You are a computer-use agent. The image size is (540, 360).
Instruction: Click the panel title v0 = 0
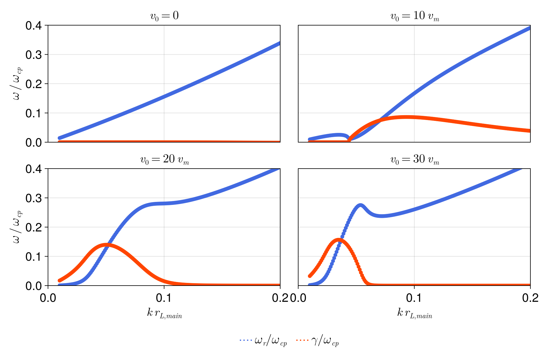point(164,16)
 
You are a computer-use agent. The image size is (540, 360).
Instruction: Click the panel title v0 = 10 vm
point(414,16)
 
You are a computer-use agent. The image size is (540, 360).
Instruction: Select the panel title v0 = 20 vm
point(164,160)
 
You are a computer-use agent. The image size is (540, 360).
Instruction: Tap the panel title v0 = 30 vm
point(414,160)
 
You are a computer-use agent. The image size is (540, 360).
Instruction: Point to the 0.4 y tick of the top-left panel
point(35,25)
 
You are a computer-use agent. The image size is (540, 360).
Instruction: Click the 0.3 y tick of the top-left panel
point(35,55)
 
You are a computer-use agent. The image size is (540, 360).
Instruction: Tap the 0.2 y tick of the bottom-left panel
point(35,227)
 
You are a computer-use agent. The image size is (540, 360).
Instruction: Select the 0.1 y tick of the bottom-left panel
point(35,256)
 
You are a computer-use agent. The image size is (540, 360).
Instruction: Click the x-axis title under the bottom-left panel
point(164,313)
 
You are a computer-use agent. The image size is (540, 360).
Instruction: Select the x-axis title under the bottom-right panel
point(414,313)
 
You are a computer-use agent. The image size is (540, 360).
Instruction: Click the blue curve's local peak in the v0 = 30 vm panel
point(361,205)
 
